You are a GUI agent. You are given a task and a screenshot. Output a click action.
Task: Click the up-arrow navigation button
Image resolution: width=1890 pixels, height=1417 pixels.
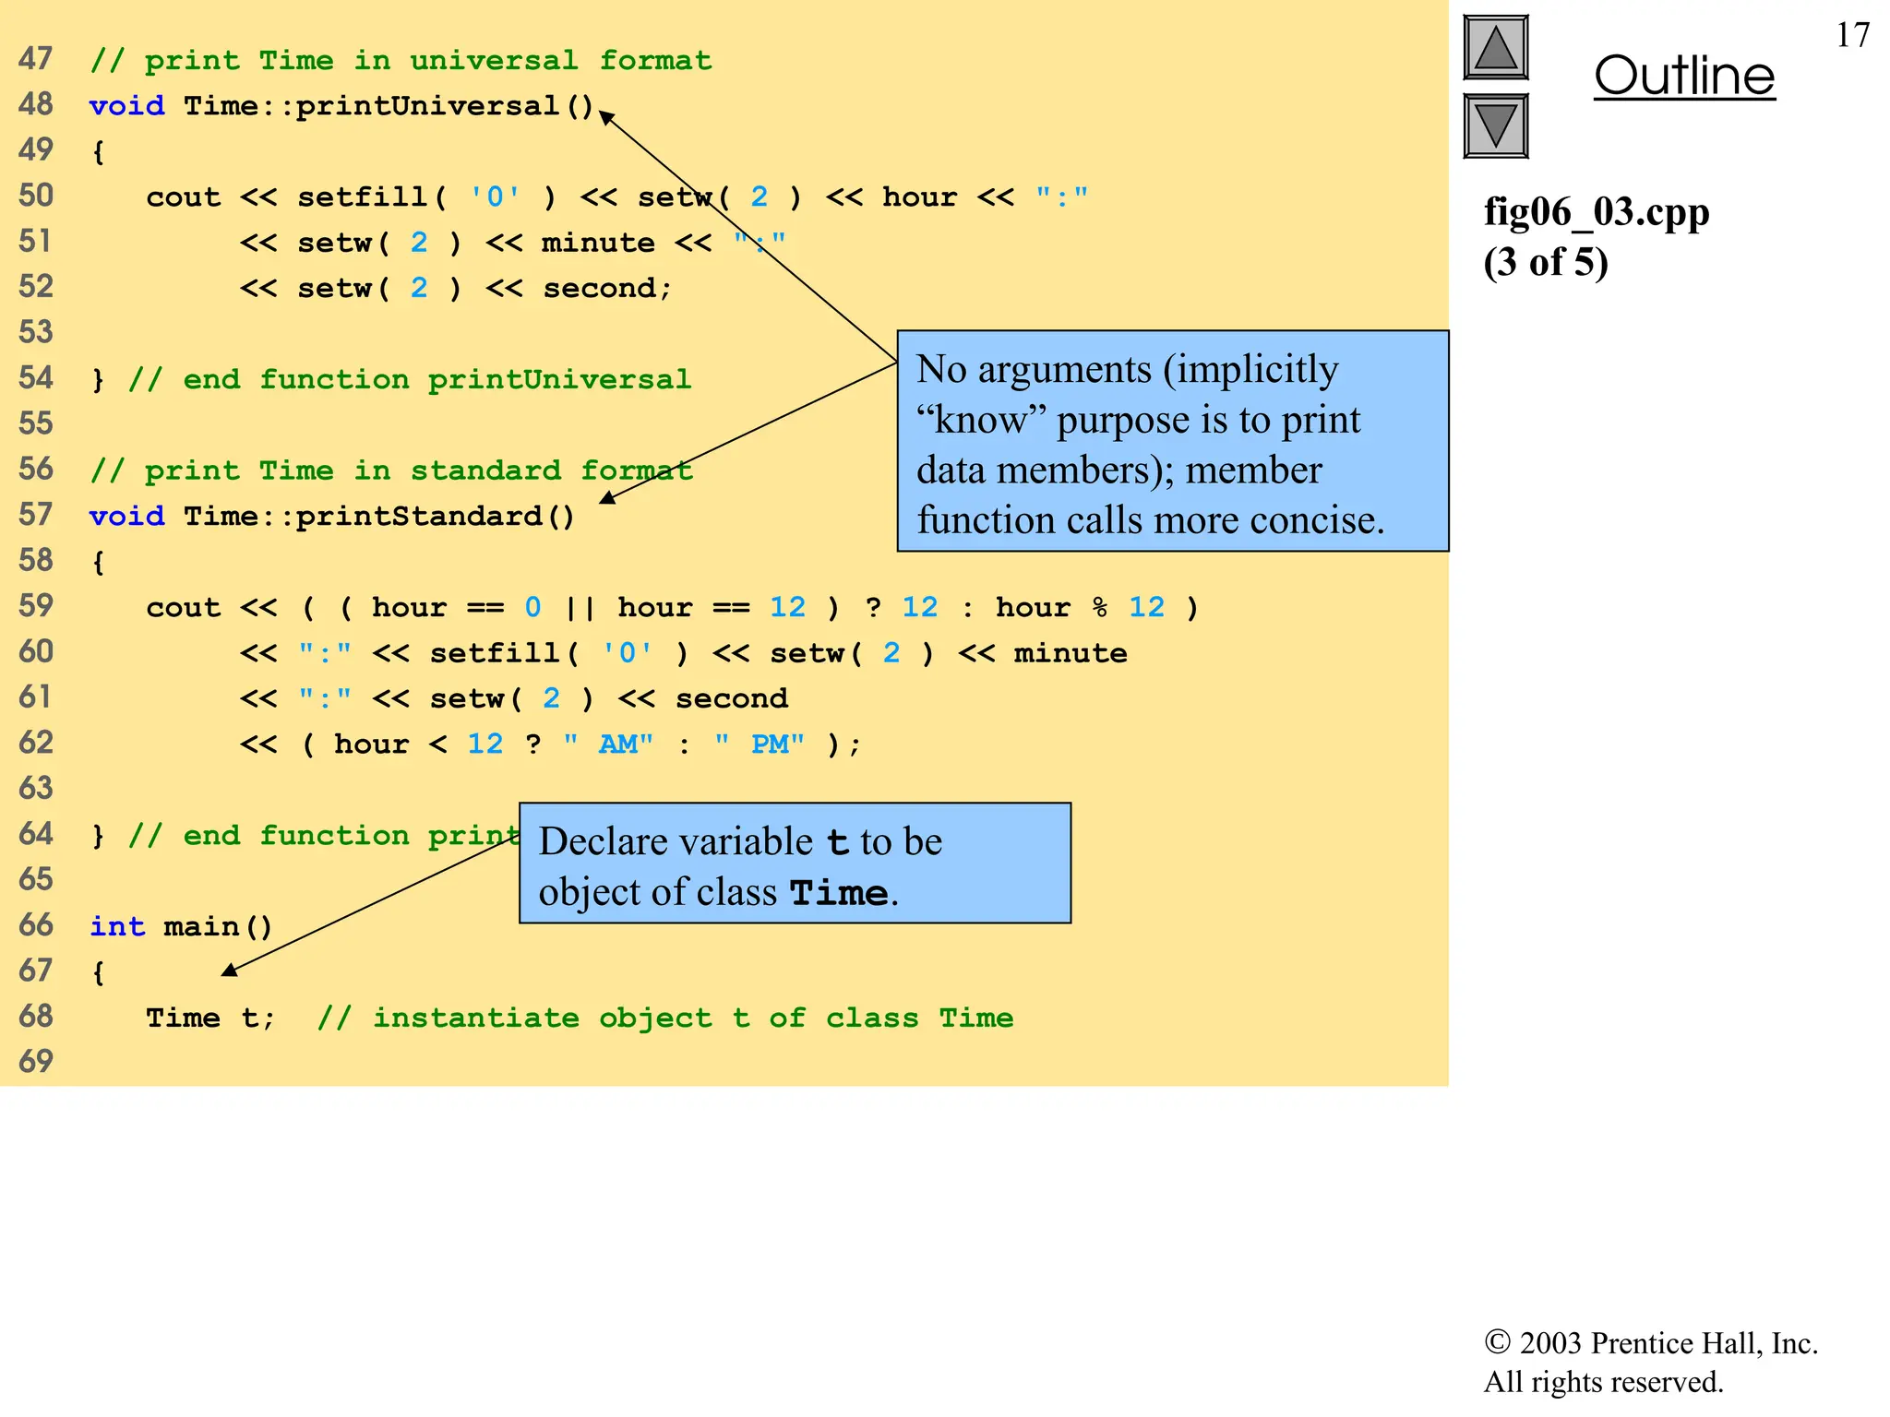(x=1496, y=48)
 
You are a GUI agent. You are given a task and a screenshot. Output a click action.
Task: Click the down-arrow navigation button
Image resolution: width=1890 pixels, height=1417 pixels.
(x=1496, y=125)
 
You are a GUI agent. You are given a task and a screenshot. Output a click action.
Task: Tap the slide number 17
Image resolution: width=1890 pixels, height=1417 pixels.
(x=1852, y=36)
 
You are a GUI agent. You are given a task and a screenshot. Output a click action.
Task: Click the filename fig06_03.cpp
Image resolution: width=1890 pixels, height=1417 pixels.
(x=1597, y=212)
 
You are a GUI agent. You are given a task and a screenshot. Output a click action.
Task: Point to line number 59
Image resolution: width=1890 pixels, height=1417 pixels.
(x=36, y=606)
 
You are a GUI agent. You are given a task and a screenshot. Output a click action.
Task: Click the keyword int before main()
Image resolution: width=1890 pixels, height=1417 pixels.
(x=117, y=926)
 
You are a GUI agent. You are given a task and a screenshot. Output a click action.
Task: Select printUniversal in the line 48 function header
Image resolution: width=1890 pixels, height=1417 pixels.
(x=427, y=106)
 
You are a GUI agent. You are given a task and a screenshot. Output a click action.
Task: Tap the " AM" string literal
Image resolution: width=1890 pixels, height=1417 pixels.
(x=609, y=744)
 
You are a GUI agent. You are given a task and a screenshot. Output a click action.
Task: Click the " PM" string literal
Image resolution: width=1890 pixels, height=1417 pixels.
(x=760, y=744)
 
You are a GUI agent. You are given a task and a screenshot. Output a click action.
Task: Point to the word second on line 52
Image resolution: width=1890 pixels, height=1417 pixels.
(x=598, y=288)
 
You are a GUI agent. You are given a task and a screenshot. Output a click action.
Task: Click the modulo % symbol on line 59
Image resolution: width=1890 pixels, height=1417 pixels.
(x=1099, y=607)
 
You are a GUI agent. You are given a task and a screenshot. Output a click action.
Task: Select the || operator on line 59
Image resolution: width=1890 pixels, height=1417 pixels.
(x=580, y=608)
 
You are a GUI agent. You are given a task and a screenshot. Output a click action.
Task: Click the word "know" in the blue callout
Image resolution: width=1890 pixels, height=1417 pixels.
(x=980, y=420)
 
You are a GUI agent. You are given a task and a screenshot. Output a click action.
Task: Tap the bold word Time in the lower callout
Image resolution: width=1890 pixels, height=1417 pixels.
(x=839, y=893)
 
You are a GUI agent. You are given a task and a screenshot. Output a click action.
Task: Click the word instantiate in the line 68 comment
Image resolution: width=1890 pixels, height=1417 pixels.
(x=476, y=1018)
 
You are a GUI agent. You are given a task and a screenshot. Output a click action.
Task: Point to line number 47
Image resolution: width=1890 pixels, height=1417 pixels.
(x=36, y=59)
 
